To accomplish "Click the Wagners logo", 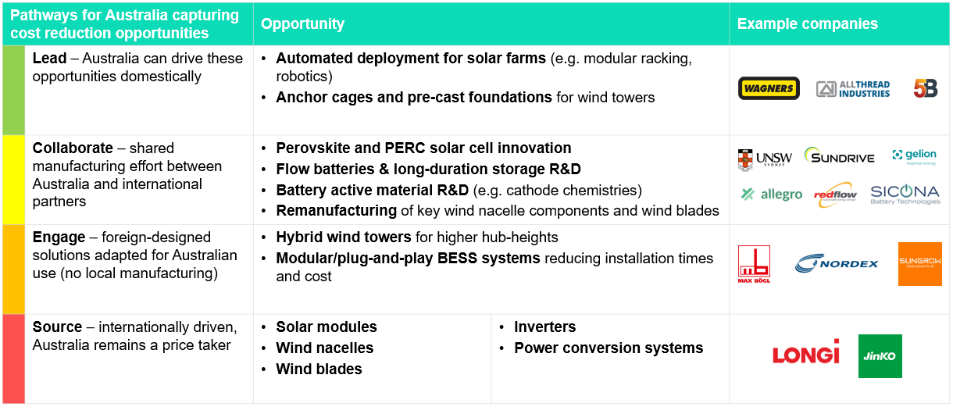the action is click(769, 88).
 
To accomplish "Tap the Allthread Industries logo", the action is click(852, 89).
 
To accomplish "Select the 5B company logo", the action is click(926, 88).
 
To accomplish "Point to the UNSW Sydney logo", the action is click(765, 159).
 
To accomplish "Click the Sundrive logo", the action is click(840, 155).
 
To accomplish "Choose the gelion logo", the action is click(914, 156).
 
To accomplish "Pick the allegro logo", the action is click(771, 195).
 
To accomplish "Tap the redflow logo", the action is click(835, 195).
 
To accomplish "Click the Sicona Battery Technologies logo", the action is click(905, 195).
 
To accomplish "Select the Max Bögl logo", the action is click(754, 264).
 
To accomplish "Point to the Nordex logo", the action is click(836, 263).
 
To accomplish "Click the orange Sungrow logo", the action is click(920, 264).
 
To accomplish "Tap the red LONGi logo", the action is click(806, 352).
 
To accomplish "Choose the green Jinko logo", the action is click(880, 356).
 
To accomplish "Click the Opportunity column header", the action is click(302, 23).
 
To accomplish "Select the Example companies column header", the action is click(807, 23).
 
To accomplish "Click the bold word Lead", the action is click(49, 59).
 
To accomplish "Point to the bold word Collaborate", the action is click(73, 148).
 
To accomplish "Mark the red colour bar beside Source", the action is click(13, 359).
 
